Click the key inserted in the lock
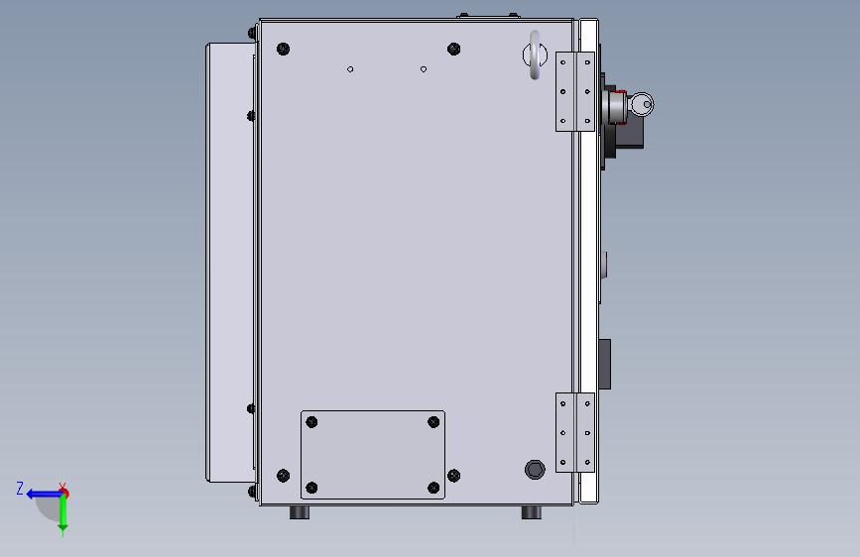[641, 104]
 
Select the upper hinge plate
[574, 91]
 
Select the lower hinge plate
[574, 432]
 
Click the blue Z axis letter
[20, 488]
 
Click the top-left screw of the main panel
[283, 49]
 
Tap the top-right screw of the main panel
[453, 49]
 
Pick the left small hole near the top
[350, 69]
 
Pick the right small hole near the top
[424, 69]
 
